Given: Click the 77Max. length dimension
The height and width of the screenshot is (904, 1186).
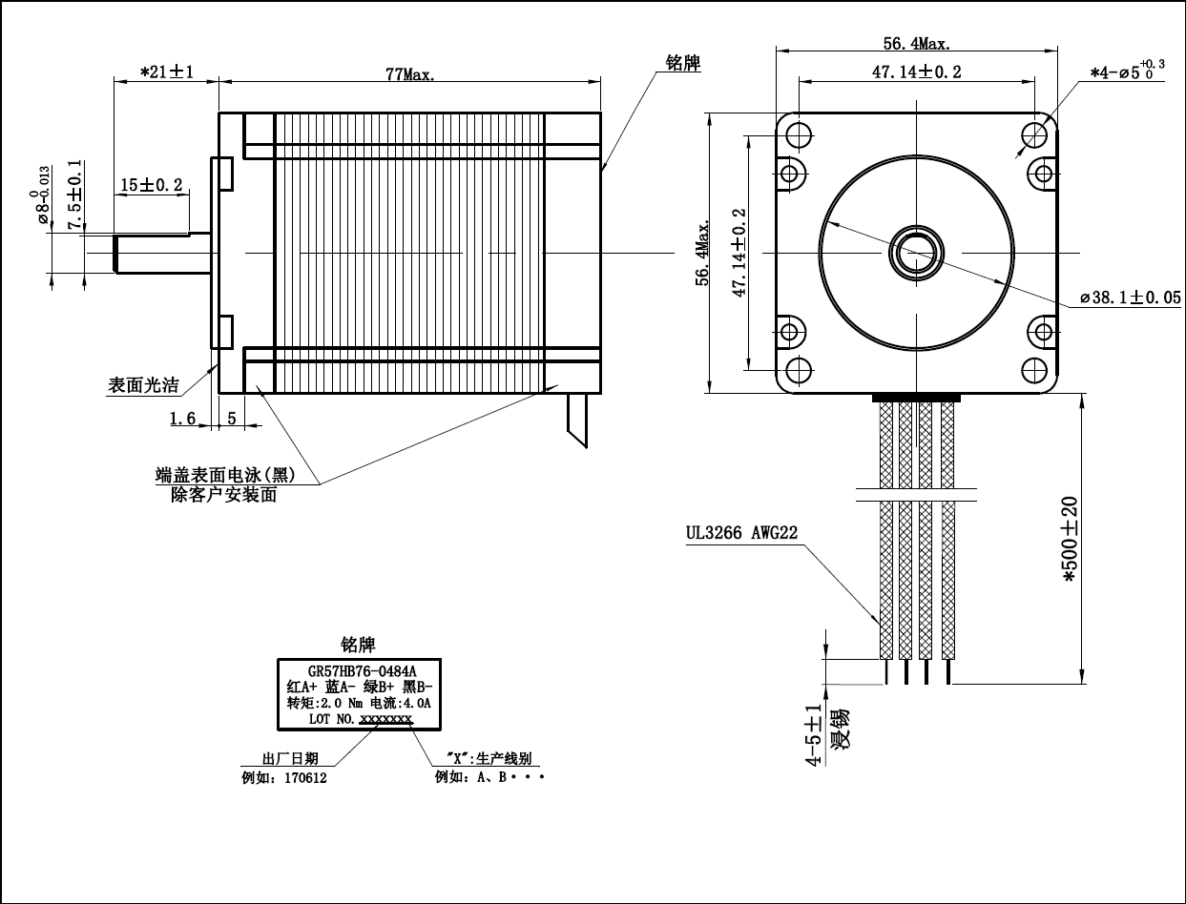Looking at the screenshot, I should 410,75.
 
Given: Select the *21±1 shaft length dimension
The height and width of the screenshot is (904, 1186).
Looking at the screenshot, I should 167,72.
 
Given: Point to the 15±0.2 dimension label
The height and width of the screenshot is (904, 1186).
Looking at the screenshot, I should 152,185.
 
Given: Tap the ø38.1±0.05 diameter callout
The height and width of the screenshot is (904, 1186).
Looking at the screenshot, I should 1130,298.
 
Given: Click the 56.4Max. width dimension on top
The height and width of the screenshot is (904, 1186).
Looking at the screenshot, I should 916,44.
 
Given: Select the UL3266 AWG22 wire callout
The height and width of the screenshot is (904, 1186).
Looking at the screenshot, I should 741,533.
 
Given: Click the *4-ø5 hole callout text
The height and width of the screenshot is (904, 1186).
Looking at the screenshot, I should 1127,71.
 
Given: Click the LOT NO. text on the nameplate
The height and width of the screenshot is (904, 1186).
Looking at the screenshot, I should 332,719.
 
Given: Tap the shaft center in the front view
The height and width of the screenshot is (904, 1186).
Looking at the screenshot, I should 916,252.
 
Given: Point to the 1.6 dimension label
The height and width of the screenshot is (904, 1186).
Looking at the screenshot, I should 182,418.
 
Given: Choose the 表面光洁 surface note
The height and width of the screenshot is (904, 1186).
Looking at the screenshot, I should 143,385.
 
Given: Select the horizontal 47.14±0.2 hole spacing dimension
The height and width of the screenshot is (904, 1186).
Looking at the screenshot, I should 916,72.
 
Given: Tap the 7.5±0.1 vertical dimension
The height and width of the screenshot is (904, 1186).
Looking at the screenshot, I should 74,195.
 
